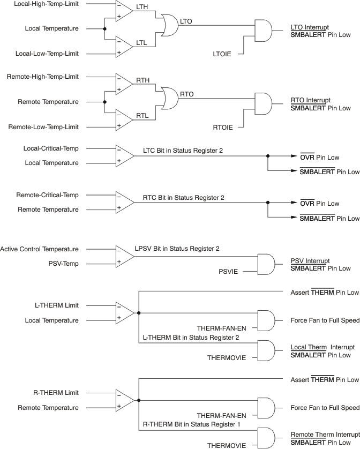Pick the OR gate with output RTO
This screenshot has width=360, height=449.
169,98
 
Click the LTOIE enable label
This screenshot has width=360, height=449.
222,55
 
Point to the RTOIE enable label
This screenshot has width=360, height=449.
222,127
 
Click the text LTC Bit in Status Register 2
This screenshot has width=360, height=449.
183,151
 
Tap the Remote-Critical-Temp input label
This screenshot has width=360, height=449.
47,196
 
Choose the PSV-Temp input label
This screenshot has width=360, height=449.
63,264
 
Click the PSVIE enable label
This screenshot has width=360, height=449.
229,272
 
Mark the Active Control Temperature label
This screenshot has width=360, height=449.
40,249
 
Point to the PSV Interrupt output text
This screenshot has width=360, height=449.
310,260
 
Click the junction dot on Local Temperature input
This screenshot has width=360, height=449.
104,28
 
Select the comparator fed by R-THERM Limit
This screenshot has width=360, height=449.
124,400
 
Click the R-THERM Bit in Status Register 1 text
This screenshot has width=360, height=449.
191,424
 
